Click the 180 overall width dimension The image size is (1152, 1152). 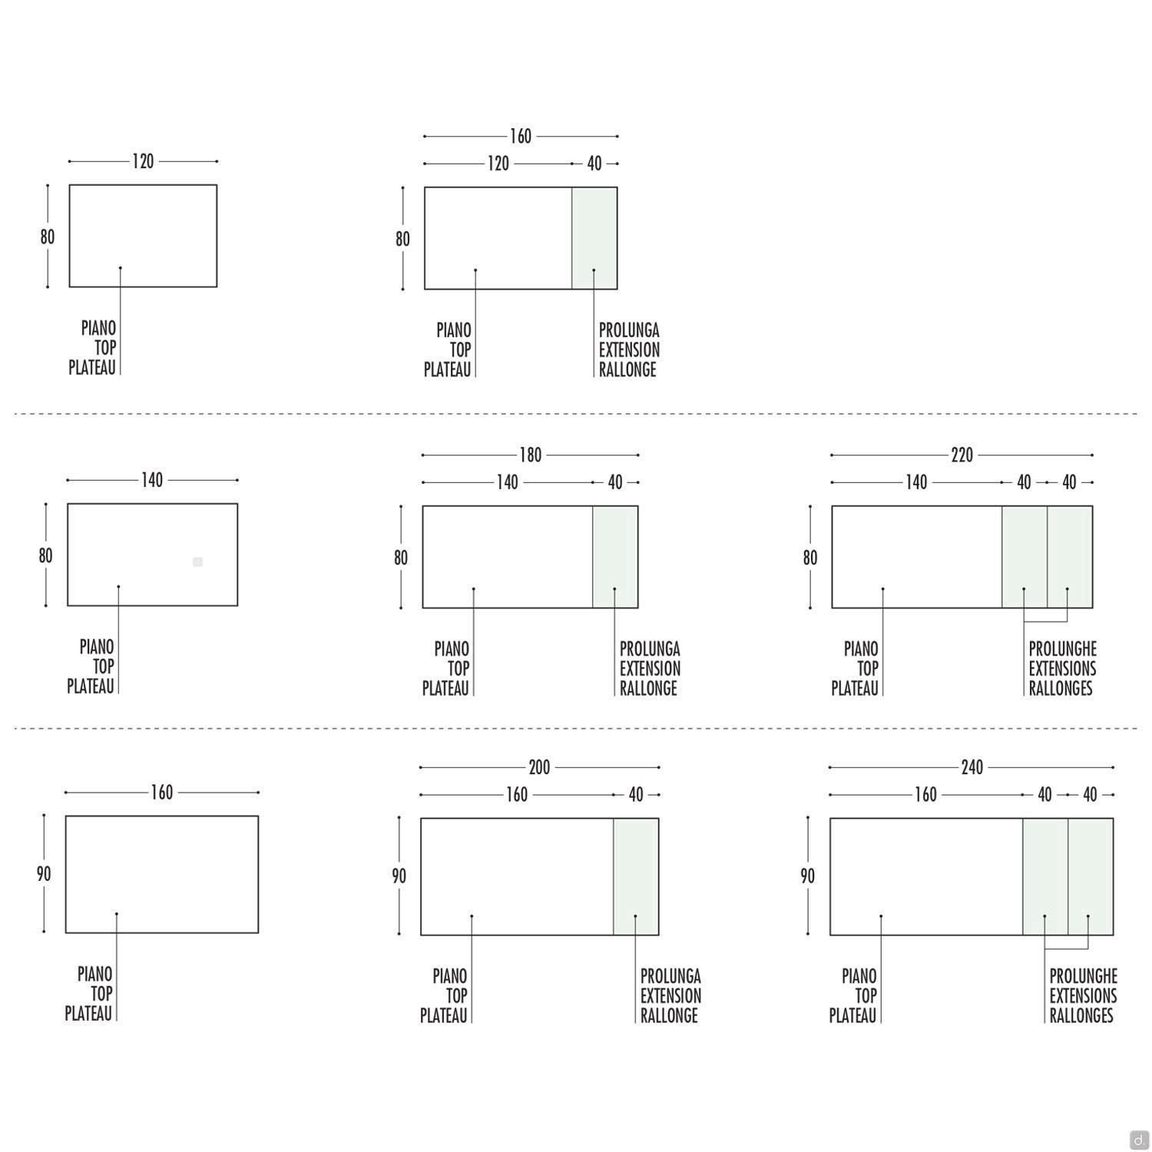[x=530, y=455]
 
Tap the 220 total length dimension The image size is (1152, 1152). [x=962, y=455]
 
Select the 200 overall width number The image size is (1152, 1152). [x=539, y=767]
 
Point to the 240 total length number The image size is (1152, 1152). [x=972, y=767]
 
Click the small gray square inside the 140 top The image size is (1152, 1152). [x=197, y=562]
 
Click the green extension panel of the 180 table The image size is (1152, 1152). [x=615, y=557]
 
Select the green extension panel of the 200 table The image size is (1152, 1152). [x=636, y=876]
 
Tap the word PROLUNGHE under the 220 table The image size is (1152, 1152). [x=1062, y=649]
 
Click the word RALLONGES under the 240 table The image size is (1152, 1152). [x=1081, y=1015]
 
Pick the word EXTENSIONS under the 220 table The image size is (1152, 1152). [x=1062, y=669]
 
